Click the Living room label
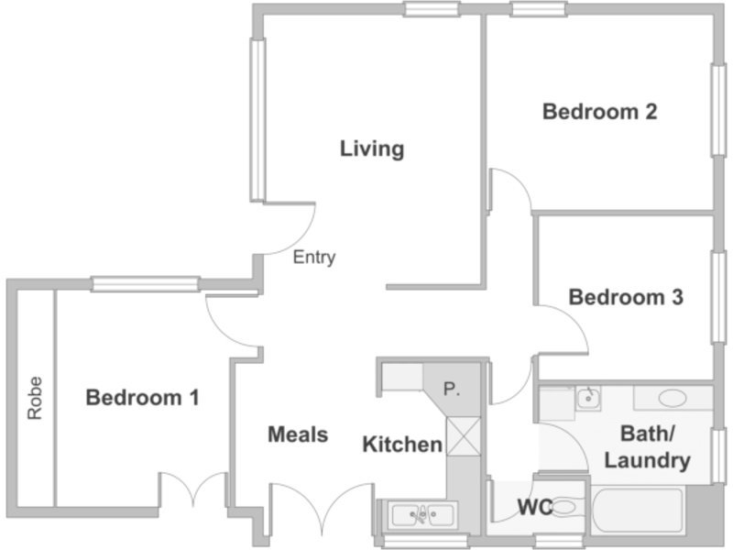(x=372, y=149)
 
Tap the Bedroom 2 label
(x=600, y=112)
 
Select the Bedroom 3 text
(x=626, y=297)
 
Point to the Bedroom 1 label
(x=143, y=398)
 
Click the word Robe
(x=35, y=398)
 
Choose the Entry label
(x=314, y=258)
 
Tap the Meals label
(x=298, y=434)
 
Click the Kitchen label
(x=402, y=445)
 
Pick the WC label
(x=535, y=507)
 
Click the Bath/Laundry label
(x=648, y=447)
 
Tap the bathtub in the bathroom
(x=639, y=511)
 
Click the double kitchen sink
(x=422, y=514)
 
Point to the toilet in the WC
(x=565, y=507)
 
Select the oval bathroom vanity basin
(x=673, y=399)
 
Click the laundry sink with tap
(x=588, y=399)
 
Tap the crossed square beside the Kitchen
(x=464, y=436)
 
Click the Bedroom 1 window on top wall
(x=146, y=284)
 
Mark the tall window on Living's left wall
(x=257, y=120)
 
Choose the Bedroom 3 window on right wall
(x=718, y=297)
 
